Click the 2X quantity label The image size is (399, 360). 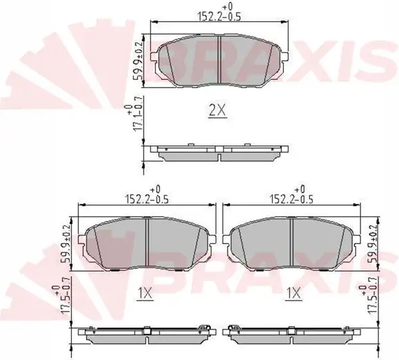click(217, 111)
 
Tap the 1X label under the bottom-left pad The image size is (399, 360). click(145, 294)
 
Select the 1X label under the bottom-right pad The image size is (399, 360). click(294, 294)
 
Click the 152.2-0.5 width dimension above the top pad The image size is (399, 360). click(219, 16)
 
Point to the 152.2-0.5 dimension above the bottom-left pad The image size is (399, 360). click(147, 199)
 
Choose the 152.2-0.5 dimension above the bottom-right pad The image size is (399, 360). click(291, 199)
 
